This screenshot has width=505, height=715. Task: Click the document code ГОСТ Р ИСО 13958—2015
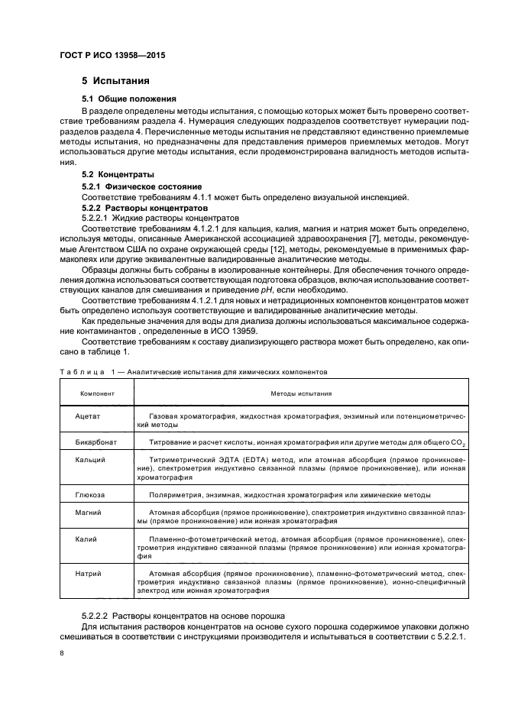tap(112, 56)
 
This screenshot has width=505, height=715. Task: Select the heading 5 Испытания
tap(115, 81)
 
